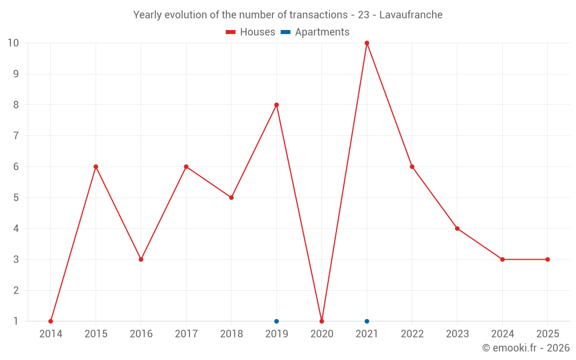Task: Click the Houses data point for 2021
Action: [x=367, y=43]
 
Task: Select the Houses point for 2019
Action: [x=276, y=105]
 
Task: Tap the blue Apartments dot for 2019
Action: [x=276, y=321]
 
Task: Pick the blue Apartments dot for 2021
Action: [x=367, y=321]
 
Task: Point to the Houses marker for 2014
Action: [x=51, y=321]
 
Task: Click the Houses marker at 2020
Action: [x=322, y=321]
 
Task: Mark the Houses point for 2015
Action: [x=96, y=166]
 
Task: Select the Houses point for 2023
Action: [x=457, y=229]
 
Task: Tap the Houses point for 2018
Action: [x=232, y=198]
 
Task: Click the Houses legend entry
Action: [x=251, y=32]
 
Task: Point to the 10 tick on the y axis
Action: [x=13, y=43]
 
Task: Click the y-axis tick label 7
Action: [x=16, y=136]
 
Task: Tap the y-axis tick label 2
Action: [x=16, y=290]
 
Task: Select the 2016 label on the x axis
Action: [x=141, y=334]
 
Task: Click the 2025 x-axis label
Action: [x=548, y=334]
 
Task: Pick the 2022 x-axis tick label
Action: [x=412, y=334]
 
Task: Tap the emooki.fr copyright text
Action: [x=526, y=348]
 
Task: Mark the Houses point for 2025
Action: [x=548, y=259]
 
